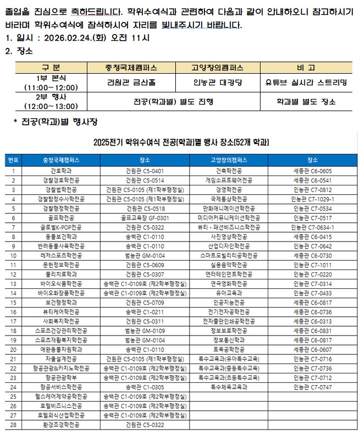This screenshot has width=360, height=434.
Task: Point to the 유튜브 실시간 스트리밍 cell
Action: coord(306,83)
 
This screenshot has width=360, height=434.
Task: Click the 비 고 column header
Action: coord(306,68)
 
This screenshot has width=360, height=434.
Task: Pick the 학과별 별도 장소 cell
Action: coord(306,102)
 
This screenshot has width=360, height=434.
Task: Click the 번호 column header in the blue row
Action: coord(13,160)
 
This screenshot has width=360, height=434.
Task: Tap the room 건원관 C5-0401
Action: coord(145,171)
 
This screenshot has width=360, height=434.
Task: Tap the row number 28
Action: coord(13,424)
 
